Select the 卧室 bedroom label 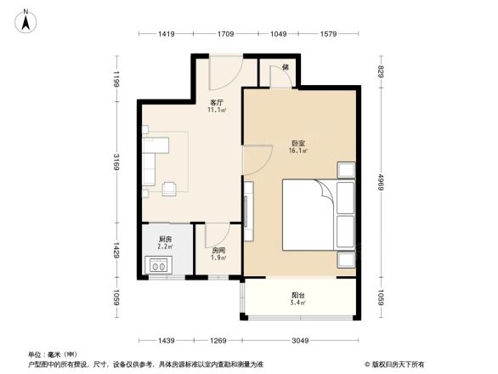(x=297, y=147)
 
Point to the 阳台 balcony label (x=297, y=297)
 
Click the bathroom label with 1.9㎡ (x=218, y=252)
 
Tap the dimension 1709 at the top (x=225, y=34)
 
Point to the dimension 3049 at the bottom (x=298, y=340)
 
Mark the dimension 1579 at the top (x=327, y=34)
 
